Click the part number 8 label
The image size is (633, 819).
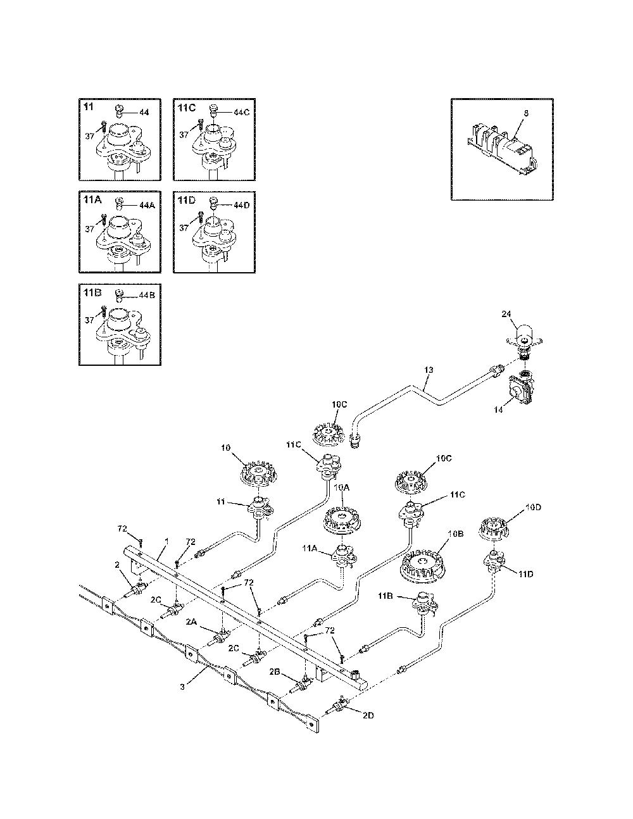click(x=527, y=113)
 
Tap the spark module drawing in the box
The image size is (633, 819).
click(x=501, y=149)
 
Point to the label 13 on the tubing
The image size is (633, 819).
click(x=429, y=370)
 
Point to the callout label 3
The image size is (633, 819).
click(x=182, y=687)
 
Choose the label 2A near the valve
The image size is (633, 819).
click(x=191, y=623)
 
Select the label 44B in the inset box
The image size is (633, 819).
click(x=147, y=295)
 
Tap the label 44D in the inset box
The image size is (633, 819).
click(x=242, y=206)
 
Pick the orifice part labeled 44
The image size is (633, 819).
click(x=120, y=111)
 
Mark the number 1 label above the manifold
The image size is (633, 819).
click(x=166, y=542)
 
